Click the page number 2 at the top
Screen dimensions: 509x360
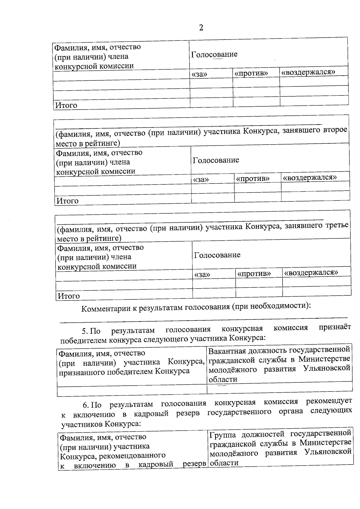tap(201, 28)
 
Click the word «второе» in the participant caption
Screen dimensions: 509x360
tap(335, 130)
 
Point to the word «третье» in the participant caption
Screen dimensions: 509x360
tap(337, 225)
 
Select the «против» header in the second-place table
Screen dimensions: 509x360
tap(253, 179)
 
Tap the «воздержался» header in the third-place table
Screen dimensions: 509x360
tap(311, 272)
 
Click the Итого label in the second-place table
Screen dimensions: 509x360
tap(67, 201)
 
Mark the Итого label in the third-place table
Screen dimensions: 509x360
tap(69, 296)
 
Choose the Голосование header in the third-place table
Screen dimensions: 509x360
tap(217, 255)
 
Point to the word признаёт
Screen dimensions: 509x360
tap(335, 327)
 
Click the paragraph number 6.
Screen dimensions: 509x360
tap(85, 405)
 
